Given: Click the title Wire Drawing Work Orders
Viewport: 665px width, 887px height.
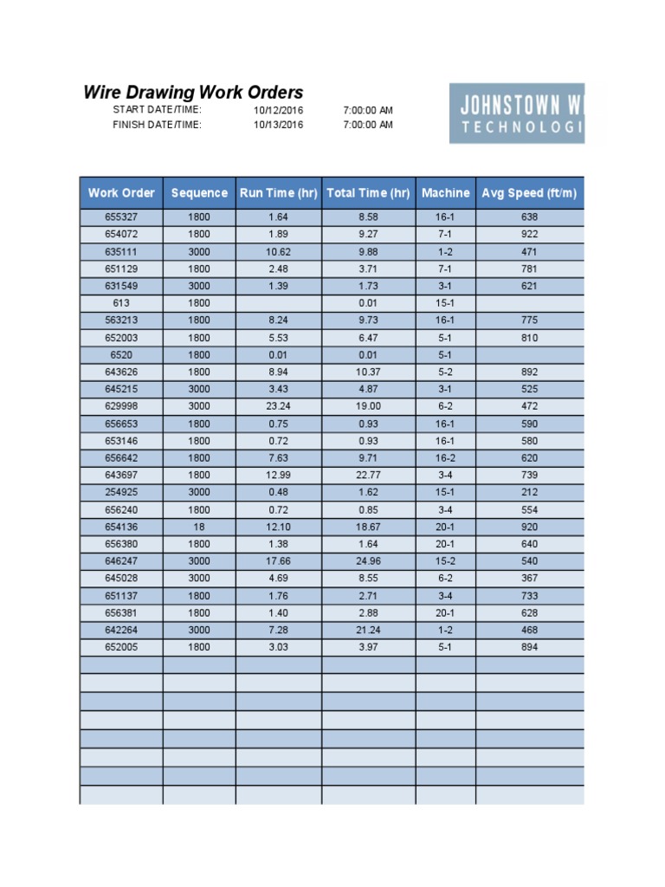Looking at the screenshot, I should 193,93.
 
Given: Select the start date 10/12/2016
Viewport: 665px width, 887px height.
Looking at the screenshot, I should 278,111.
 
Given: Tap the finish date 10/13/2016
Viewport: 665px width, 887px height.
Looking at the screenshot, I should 278,125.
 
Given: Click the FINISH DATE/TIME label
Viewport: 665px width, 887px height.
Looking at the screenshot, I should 157,125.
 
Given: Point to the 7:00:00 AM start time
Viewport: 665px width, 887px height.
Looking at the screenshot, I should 368,111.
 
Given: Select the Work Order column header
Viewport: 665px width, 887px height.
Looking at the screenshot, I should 121,193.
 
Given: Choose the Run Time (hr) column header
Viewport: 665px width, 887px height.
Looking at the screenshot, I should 279,193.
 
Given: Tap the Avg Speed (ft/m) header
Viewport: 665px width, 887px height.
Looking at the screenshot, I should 529,193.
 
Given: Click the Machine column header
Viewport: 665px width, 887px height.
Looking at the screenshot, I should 445,193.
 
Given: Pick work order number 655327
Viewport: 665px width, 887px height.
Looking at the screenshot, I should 121,217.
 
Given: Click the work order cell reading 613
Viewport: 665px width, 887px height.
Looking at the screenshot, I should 121,303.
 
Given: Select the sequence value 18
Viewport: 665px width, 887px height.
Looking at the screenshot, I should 199,527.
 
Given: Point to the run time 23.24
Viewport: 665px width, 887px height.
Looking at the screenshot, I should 279,406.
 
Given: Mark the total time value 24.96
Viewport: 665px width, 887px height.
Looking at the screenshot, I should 368,561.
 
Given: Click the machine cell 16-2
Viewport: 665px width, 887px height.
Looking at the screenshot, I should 445,458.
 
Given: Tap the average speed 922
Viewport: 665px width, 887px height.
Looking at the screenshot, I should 529,235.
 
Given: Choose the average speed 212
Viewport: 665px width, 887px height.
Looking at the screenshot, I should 529,492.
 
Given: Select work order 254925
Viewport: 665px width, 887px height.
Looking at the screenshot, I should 121,492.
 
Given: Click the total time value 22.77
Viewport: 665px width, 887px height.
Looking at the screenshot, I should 368,476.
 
